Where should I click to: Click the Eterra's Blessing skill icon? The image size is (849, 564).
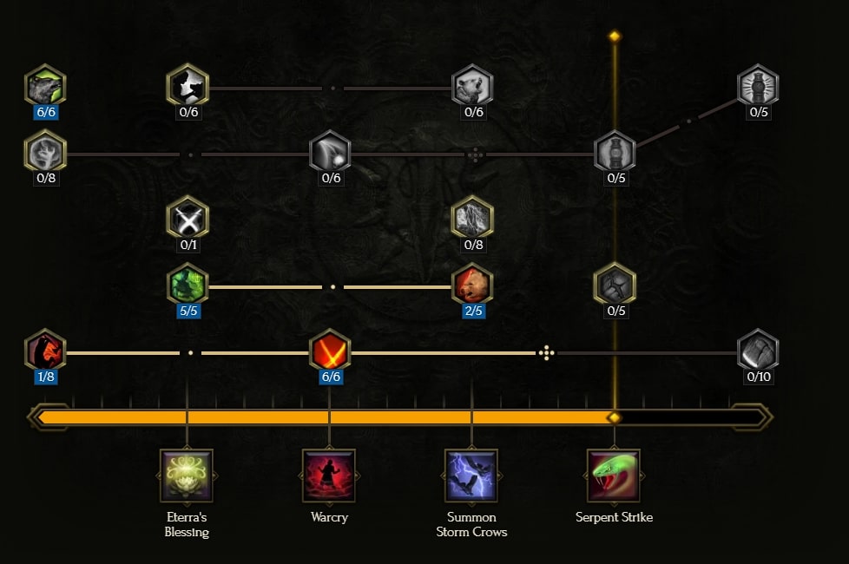187,475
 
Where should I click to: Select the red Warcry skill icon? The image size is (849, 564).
329,475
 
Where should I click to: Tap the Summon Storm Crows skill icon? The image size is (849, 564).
471,475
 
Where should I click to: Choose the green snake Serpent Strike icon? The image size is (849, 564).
614,475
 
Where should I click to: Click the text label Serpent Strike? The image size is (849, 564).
614,517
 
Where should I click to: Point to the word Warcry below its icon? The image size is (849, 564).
329,517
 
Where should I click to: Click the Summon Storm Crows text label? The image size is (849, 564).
471,524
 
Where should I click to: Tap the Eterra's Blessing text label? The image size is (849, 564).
187,524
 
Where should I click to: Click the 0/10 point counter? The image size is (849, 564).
759,377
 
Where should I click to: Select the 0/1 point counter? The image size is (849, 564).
188,245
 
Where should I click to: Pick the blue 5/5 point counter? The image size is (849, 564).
188,311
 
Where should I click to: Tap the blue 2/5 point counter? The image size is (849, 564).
474,311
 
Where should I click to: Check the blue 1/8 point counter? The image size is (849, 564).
46,377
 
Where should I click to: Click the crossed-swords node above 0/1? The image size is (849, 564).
188,218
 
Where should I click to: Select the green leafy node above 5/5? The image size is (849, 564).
188,284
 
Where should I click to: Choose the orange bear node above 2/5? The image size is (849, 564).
473,284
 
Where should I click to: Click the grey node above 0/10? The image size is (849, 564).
758,351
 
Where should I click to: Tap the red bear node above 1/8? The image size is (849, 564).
45,351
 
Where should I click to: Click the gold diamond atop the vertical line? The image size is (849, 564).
615,36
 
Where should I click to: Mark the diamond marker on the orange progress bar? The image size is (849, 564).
615,417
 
